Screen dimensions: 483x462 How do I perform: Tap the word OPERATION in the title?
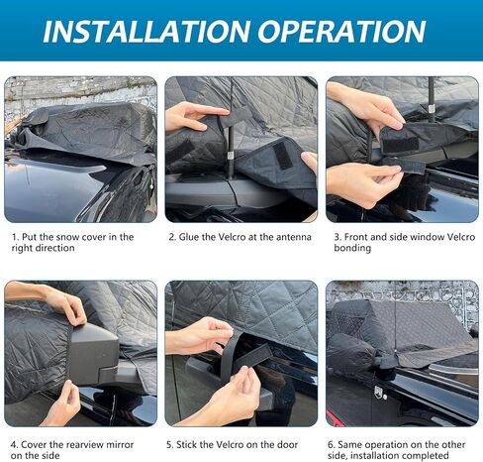click(341, 32)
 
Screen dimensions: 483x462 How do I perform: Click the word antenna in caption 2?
click(294, 237)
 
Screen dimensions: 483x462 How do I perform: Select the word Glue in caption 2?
click(190, 237)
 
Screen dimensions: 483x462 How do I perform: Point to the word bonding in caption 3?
click(352, 248)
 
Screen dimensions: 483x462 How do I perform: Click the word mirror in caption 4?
click(118, 444)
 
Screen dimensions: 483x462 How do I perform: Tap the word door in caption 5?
click(288, 444)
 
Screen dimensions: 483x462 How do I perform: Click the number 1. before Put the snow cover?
click(16, 237)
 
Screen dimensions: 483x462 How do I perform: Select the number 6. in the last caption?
click(332, 444)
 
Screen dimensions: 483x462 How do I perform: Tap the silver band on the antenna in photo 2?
click(231, 156)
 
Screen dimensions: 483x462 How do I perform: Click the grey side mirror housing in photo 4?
click(94, 354)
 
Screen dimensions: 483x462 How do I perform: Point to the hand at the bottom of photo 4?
click(63, 404)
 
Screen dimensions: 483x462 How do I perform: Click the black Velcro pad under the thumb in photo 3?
click(400, 142)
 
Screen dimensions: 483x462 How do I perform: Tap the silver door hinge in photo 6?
click(379, 393)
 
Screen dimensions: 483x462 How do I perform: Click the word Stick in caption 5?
click(187, 444)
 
